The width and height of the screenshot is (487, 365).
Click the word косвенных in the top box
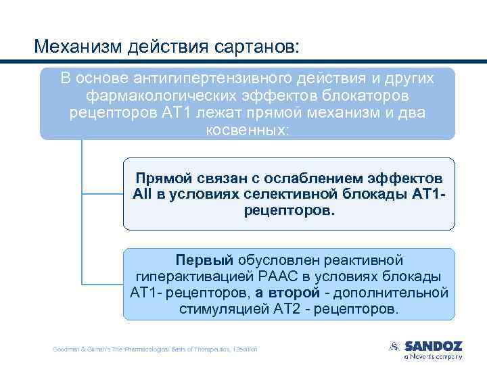(x=247, y=128)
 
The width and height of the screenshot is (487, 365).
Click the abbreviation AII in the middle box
(x=144, y=195)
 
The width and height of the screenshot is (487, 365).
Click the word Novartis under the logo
(x=426, y=356)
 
